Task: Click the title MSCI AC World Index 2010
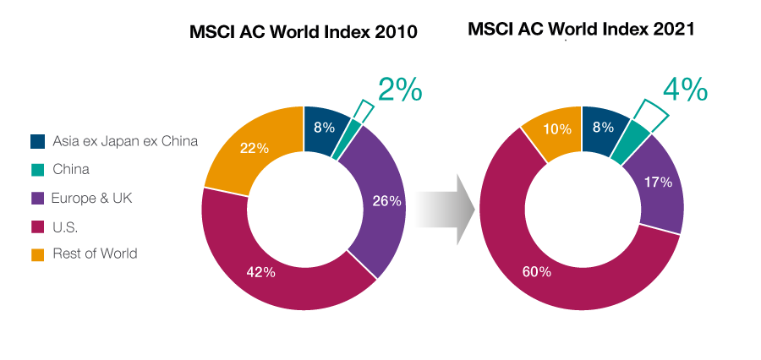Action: click(303, 33)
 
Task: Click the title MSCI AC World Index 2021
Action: click(581, 30)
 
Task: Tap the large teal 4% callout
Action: click(684, 89)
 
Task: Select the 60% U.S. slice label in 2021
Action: click(537, 271)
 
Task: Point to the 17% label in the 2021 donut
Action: click(658, 182)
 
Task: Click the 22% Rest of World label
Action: click(255, 148)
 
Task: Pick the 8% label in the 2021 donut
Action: click(603, 128)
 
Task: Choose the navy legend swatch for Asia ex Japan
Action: click(37, 141)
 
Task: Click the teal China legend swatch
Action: click(37, 169)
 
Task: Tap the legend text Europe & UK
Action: click(92, 198)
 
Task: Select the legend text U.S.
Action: click(65, 226)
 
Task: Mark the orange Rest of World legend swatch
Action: click(37, 254)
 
